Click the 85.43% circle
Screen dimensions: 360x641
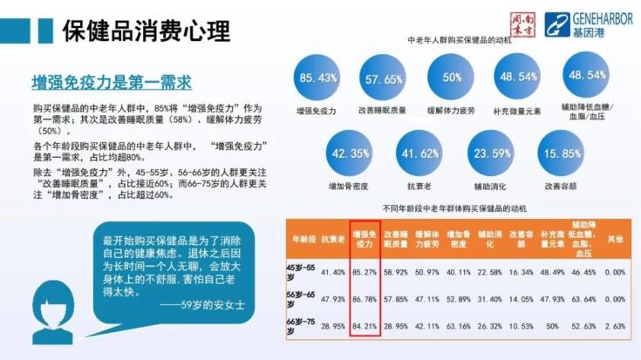click(317, 78)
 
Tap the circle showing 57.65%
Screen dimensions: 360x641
click(384, 78)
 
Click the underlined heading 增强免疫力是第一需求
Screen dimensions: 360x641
click(111, 83)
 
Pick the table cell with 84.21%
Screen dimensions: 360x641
click(365, 324)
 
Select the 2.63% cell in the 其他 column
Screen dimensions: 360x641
click(616, 324)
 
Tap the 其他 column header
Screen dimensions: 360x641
click(616, 237)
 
